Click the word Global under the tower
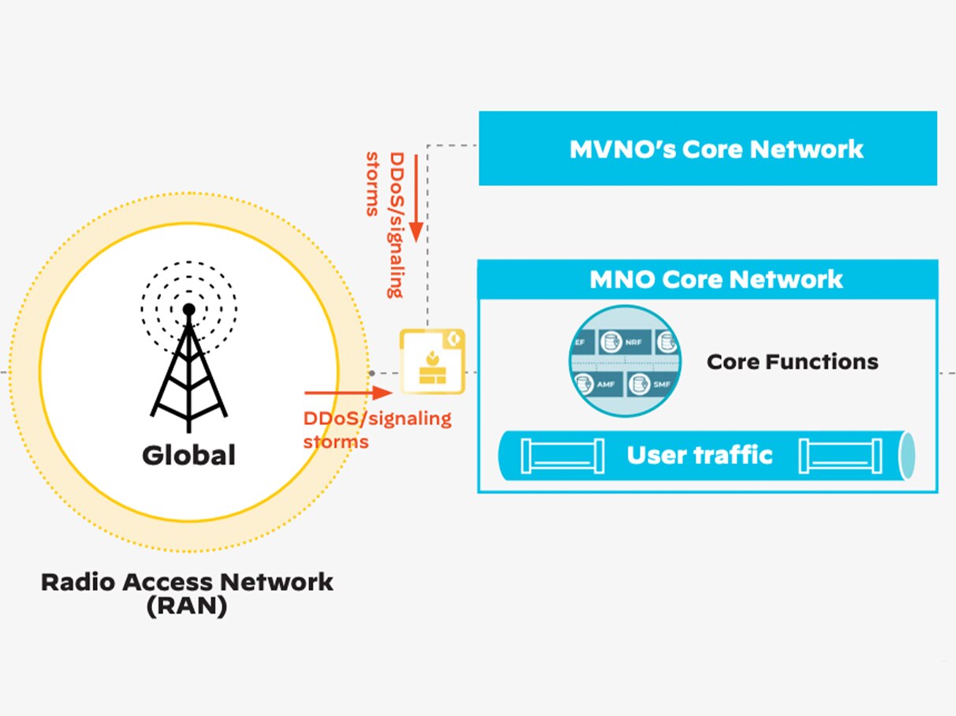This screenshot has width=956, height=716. pyautogui.click(x=189, y=455)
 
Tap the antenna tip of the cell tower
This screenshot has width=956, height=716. pyautogui.click(x=189, y=309)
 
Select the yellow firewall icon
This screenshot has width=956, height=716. pyautogui.click(x=431, y=362)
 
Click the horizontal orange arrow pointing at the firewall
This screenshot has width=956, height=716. pyautogui.click(x=347, y=392)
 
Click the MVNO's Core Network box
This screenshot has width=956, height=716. pyautogui.click(x=708, y=148)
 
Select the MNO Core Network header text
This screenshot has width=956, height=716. pyautogui.click(x=716, y=279)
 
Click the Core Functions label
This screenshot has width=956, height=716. pyautogui.click(x=792, y=362)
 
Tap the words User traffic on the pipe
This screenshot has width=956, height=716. pyautogui.click(x=700, y=455)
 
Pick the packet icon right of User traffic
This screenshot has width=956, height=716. pyautogui.click(x=838, y=456)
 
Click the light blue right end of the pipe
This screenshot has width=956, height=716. pyautogui.click(x=908, y=456)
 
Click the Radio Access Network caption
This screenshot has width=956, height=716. pyautogui.click(x=187, y=583)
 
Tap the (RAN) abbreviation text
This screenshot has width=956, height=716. pyautogui.click(x=187, y=608)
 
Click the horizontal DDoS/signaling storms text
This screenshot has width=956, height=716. pyautogui.click(x=377, y=430)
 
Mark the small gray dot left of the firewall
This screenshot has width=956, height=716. pyautogui.click(x=371, y=371)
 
